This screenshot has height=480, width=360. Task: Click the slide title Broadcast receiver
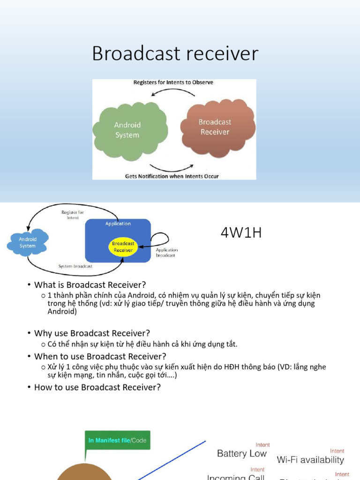[x=175, y=53]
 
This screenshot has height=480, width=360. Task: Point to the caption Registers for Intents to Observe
[x=173, y=82]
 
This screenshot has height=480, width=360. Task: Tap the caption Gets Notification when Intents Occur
[x=172, y=176]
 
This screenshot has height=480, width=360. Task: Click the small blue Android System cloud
[x=28, y=242]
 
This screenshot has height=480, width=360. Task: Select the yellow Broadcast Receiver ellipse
[x=123, y=247]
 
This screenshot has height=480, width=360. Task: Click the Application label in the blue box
[x=118, y=224]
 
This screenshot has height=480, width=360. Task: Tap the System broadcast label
[x=75, y=266]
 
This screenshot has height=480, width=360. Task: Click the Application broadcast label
[x=166, y=253]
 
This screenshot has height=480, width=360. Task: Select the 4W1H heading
[x=241, y=233]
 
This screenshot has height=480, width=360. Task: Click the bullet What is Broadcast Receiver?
[x=90, y=285]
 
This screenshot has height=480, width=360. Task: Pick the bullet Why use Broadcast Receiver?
[x=92, y=333]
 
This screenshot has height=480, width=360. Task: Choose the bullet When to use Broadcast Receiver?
[x=100, y=356]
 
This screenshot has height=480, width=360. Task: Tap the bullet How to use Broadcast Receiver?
[x=97, y=387]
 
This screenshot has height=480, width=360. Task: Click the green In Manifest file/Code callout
[x=117, y=441]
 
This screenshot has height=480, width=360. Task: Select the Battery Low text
[x=241, y=453]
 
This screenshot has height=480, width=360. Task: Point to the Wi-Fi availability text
[x=310, y=460]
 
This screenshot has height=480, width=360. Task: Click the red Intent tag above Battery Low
[x=262, y=444]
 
